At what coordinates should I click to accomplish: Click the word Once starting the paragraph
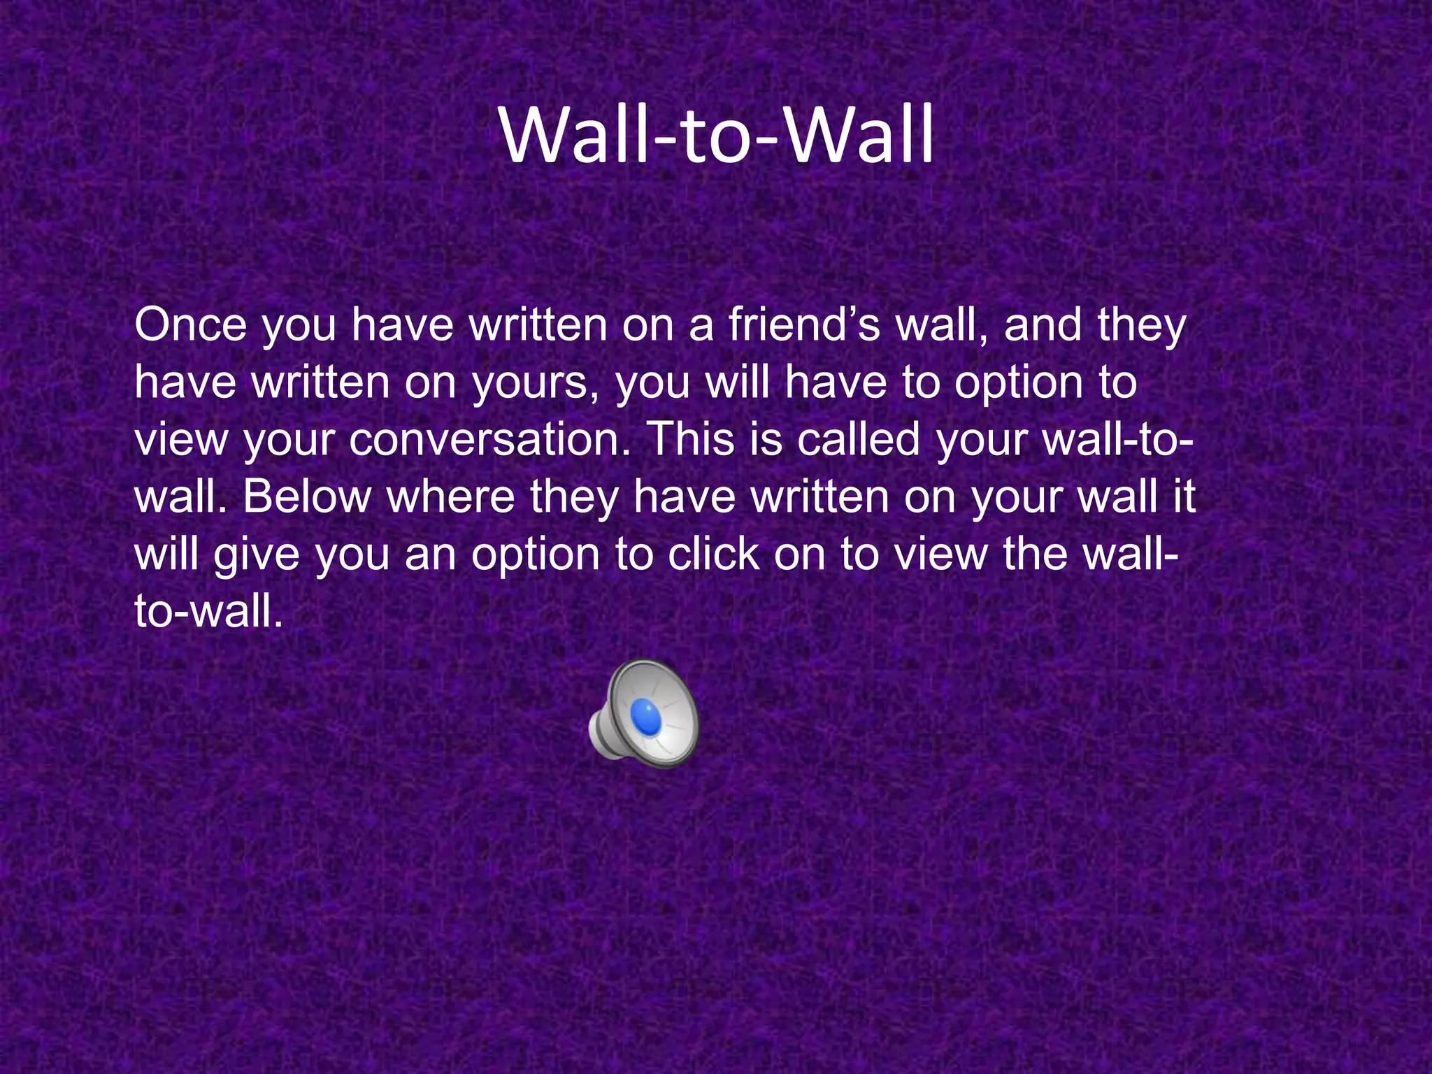coord(190,326)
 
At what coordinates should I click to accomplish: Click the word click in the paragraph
coord(713,554)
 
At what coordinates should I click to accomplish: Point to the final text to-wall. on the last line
coord(208,612)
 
